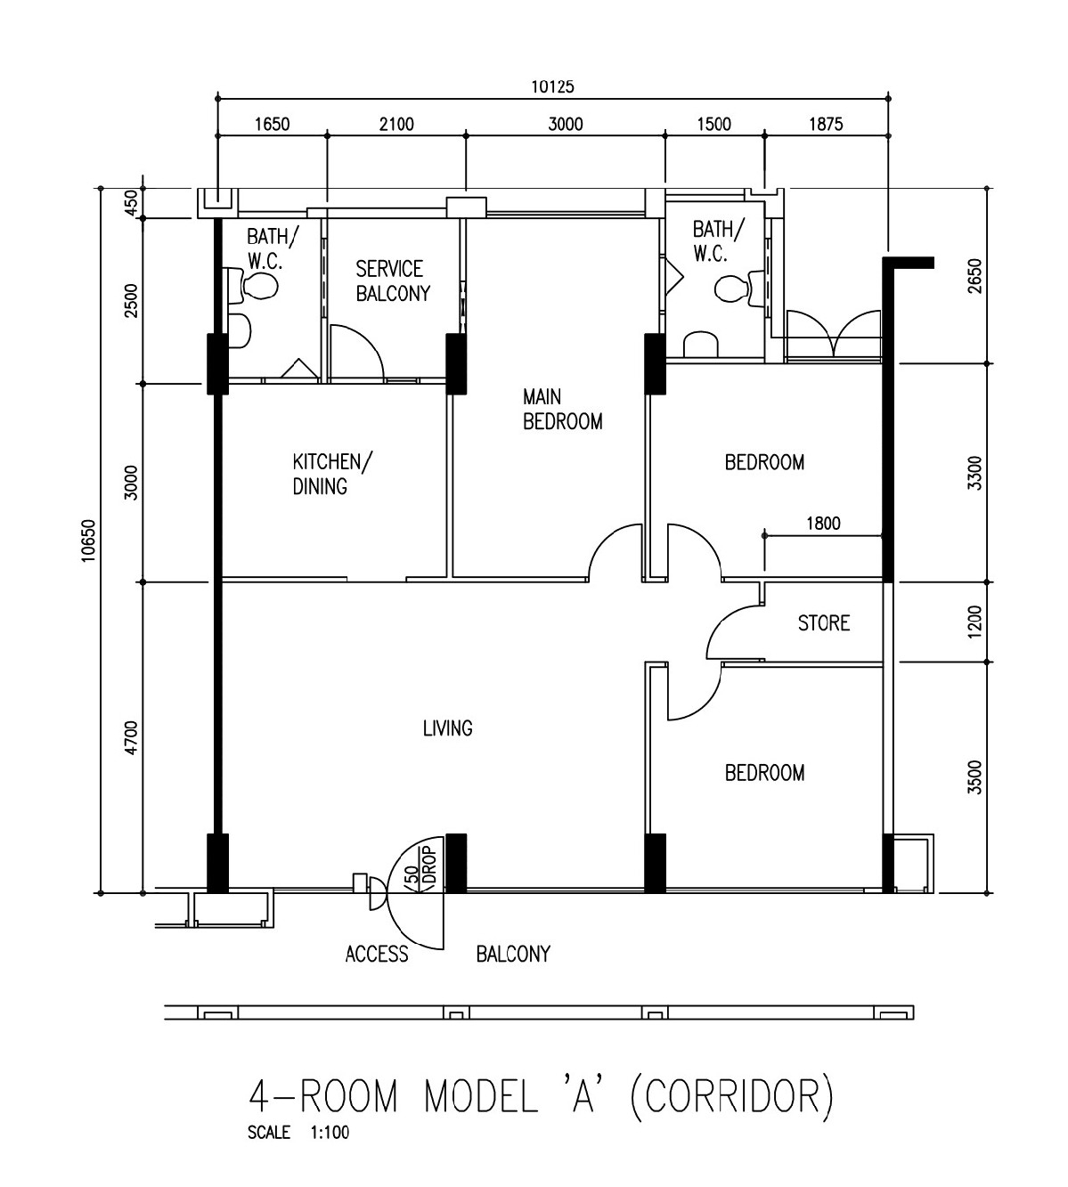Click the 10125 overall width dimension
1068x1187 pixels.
pyautogui.click(x=552, y=87)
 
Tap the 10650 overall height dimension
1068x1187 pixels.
pyautogui.click(x=88, y=541)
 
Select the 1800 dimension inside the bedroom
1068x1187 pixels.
pyautogui.click(x=823, y=523)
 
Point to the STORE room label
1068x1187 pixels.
pyautogui.click(x=824, y=623)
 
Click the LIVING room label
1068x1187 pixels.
pyautogui.click(x=447, y=728)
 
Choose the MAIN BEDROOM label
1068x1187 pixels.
pyautogui.click(x=562, y=409)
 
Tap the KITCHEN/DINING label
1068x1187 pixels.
pyautogui.click(x=333, y=474)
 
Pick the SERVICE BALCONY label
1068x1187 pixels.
pyautogui.click(x=393, y=281)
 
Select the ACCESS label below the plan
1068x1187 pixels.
pyautogui.click(x=377, y=954)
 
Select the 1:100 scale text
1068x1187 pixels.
pyautogui.click(x=330, y=1133)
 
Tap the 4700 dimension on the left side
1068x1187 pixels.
pyautogui.click(x=131, y=737)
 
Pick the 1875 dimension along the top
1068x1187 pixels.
pyautogui.click(x=825, y=125)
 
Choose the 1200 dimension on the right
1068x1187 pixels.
pyautogui.click(x=974, y=622)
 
